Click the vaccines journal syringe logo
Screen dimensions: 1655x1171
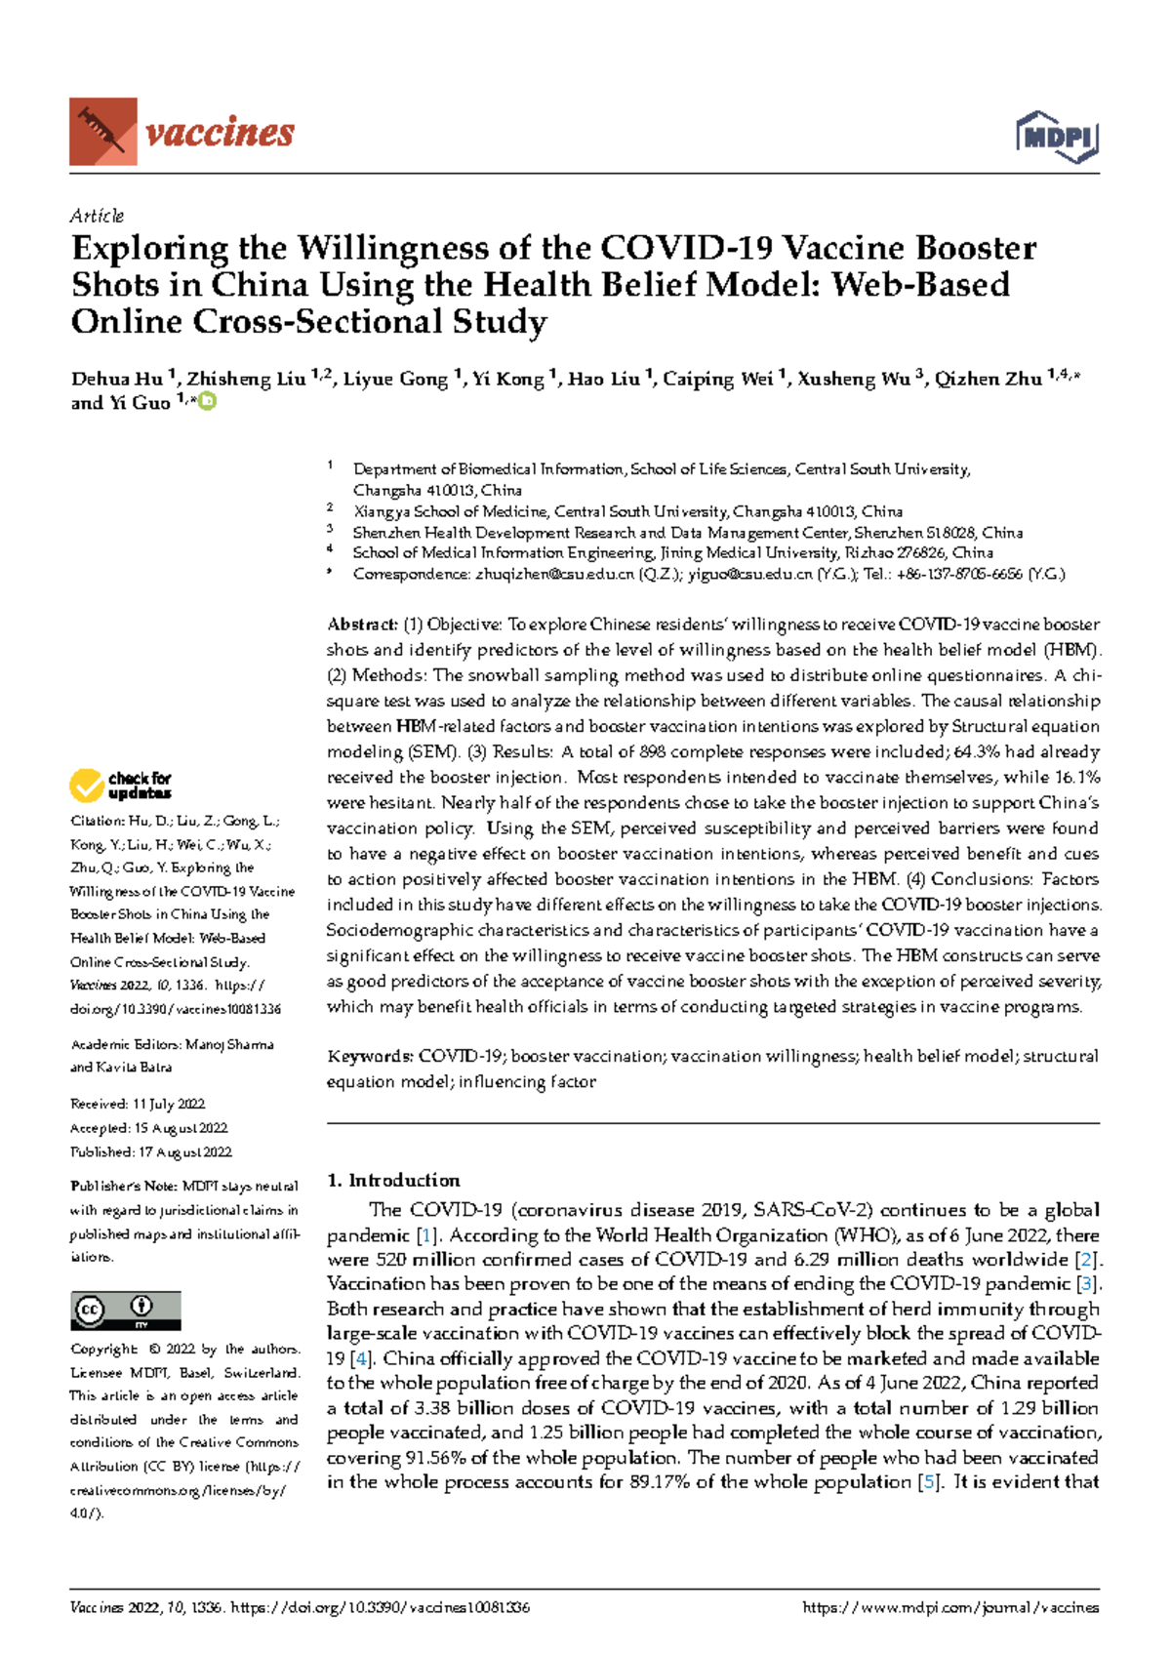point(102,131)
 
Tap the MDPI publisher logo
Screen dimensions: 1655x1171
point(1057,137)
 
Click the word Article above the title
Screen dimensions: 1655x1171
point(97,216)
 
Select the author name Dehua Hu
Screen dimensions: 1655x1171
point(116,379)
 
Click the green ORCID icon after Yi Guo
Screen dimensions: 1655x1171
point(207,401)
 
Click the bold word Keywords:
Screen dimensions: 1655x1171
point(371,1056)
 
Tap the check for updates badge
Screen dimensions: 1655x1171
point(120,786)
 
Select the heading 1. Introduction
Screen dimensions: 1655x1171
point(393,1180)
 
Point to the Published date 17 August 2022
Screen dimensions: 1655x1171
point(184,1151)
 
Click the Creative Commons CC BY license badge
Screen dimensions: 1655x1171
point(125,1310)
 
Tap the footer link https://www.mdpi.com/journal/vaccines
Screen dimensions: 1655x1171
point(949,1607)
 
